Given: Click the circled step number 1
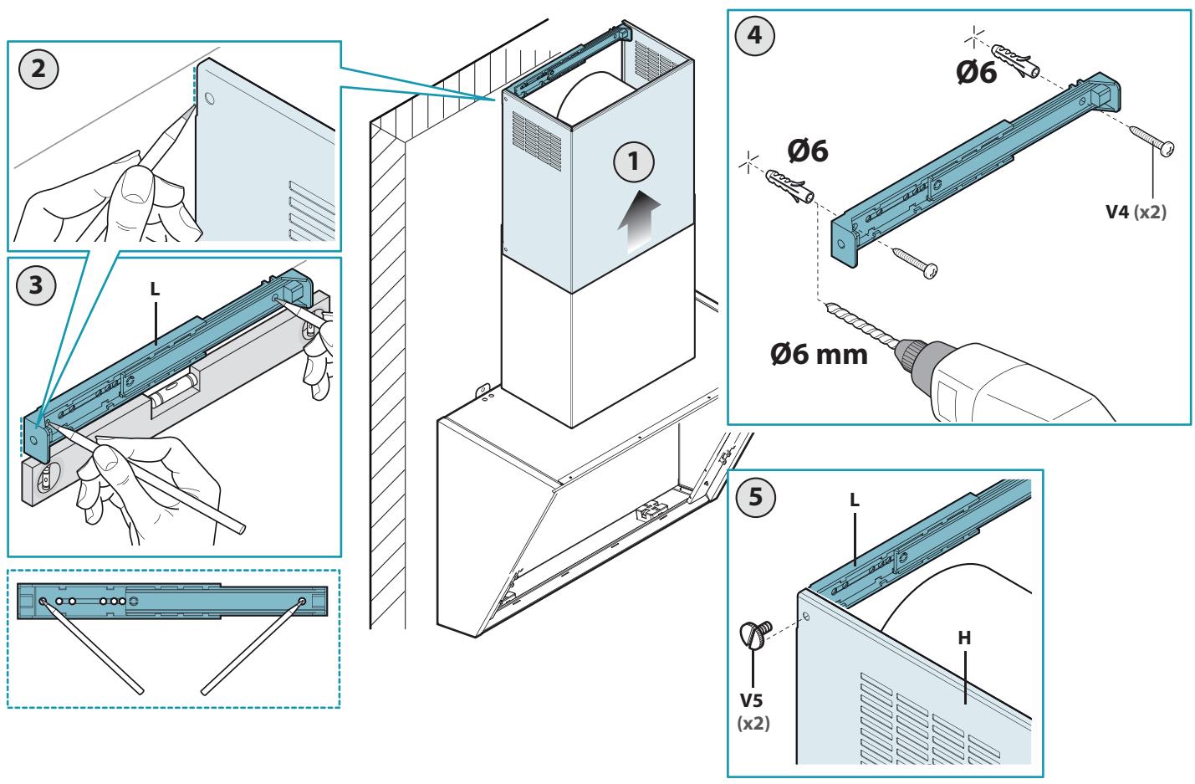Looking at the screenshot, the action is (x=633, y=161).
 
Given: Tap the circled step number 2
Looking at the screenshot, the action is (x=38, y=69).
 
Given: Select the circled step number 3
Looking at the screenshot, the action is (x=36, y=285).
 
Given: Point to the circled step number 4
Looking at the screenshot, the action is (x=754, y=35).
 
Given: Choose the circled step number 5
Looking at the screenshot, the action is (x=755, y=497).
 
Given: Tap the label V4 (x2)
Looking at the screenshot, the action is (x=1136, y=212).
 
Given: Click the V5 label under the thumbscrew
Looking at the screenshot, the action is (x=751, y=699).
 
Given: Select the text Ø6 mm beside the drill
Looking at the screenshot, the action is (x=819, y=355).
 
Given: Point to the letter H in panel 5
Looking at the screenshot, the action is (x=964, y=638).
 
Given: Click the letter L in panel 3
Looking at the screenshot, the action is (x=155, y=290).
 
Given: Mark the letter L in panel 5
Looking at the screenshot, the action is (x=854, y=500).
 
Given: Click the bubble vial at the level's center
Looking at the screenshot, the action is (x=176, y=390).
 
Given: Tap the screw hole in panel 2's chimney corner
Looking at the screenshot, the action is (x=209, y=98).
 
